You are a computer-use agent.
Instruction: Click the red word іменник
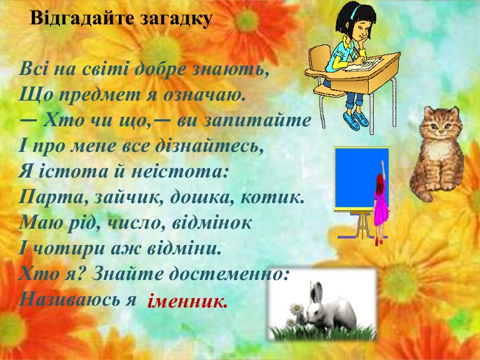pos(188,302)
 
